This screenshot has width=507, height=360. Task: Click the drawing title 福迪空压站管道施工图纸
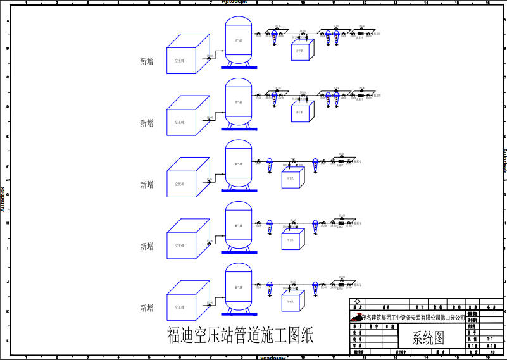point(240,335)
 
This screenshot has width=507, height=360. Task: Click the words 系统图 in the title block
point(429,337)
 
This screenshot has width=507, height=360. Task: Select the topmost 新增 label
point(147,61)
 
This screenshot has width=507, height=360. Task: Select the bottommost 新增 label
point(147,308)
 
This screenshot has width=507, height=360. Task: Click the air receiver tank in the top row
point(239,40)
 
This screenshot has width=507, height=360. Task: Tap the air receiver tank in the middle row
point(239,164)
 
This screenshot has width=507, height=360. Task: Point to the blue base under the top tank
point(239,66)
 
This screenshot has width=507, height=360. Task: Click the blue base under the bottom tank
point(239,313)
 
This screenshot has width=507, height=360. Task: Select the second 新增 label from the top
point(147,123)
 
